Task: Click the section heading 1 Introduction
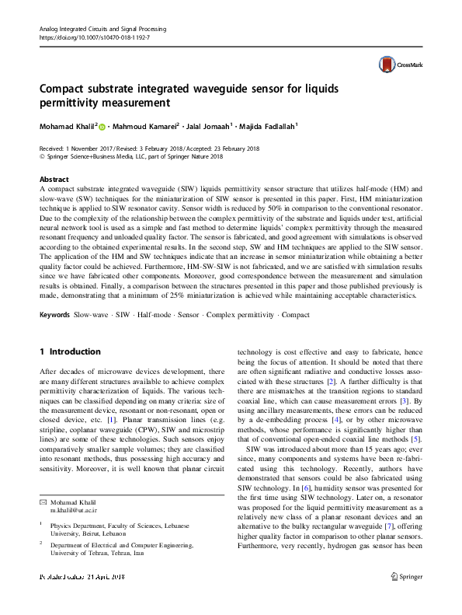point(71,352)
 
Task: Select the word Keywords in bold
point(53,336)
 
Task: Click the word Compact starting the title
point(63,87)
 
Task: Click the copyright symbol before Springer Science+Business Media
point(43,156)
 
